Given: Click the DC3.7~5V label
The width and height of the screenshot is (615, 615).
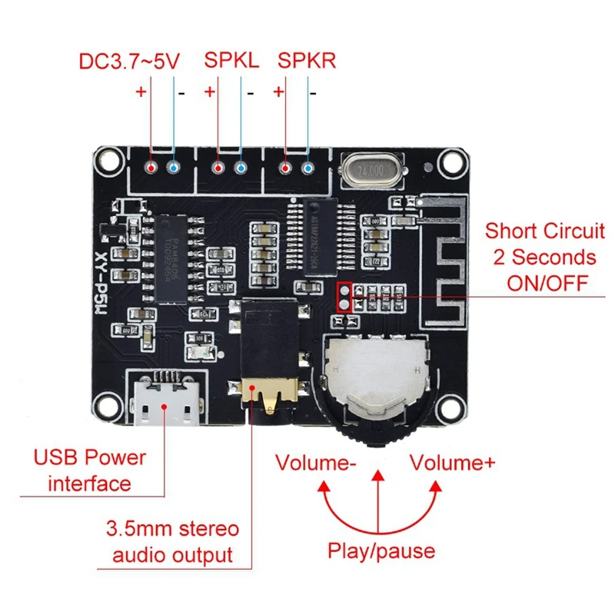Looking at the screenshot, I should click(x=129, y=61).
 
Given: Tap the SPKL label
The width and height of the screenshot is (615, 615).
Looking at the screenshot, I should click(x=231, y=61).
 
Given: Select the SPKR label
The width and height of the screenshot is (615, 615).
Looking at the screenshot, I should click(x=307, y=61).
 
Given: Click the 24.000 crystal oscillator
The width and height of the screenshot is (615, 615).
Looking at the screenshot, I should click(x=366, y=170).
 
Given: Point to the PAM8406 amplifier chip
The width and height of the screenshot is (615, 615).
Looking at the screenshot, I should click(x=176, y=245).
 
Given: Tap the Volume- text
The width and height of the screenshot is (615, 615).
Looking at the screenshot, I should click(x=315, y=463).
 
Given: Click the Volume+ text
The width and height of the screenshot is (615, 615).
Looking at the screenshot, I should click(x=452, y=463).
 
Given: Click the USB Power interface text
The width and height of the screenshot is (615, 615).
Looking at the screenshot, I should click(x=90, y=470).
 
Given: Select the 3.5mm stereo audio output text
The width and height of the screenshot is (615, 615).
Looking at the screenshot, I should click(x=172, y=542).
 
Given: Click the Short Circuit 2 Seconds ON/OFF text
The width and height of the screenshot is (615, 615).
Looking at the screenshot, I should click(x=545, y=256).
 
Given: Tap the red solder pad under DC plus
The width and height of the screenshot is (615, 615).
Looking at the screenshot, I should click(x=152, y=168).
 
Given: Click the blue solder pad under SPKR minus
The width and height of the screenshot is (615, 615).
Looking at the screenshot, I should click(x=309, y=168).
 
